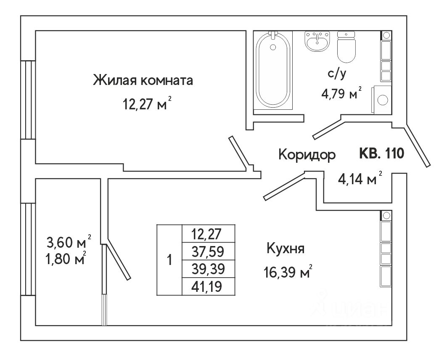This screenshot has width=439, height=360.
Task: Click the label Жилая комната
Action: pyautogui.click(x=143, y=80)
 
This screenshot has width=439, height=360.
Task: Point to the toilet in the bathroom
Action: pyautogui.click(x=347, y=48)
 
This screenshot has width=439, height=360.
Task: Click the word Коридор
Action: pyautogui.click(x=307, y=155)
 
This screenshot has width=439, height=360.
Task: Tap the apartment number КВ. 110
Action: pyautogui.click(x=381, y=154)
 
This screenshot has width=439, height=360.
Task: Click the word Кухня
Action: pyautogui.click(x=286, y=249)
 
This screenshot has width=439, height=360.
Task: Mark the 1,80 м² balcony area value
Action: pyautogui.click(x=66, y=258)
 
